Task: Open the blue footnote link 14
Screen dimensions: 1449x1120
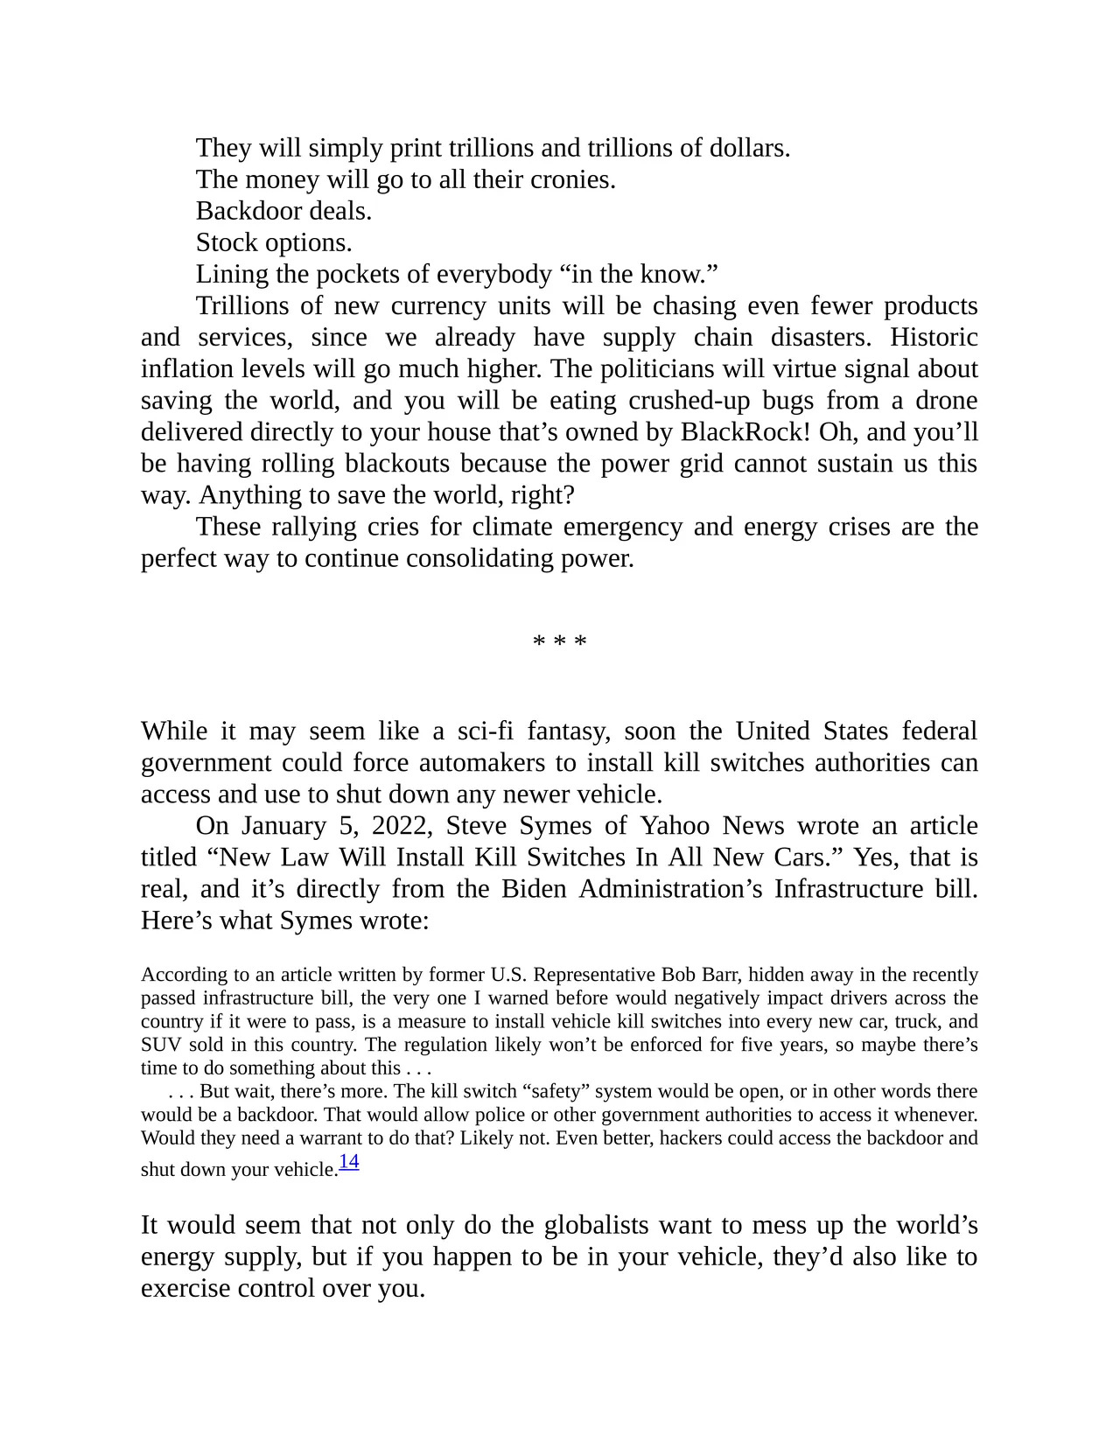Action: [x=349, y=1162]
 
